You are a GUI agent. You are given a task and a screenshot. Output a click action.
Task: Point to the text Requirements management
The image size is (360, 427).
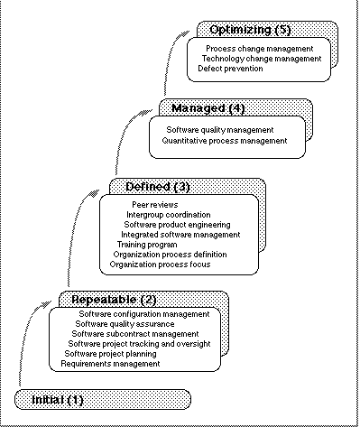tap(110, 364)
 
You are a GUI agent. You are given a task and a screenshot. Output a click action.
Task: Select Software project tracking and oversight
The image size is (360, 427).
tap(139, 344)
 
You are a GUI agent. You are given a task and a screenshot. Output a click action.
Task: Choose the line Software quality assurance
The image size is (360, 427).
tap(125, 324)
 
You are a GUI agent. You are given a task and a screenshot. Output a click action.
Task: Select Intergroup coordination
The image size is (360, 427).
tap(169, 215)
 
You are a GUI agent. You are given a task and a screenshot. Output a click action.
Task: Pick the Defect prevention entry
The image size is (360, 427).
tap(230, 69)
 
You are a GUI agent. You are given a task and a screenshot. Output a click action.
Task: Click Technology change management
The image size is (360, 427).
tap(261, 59)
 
